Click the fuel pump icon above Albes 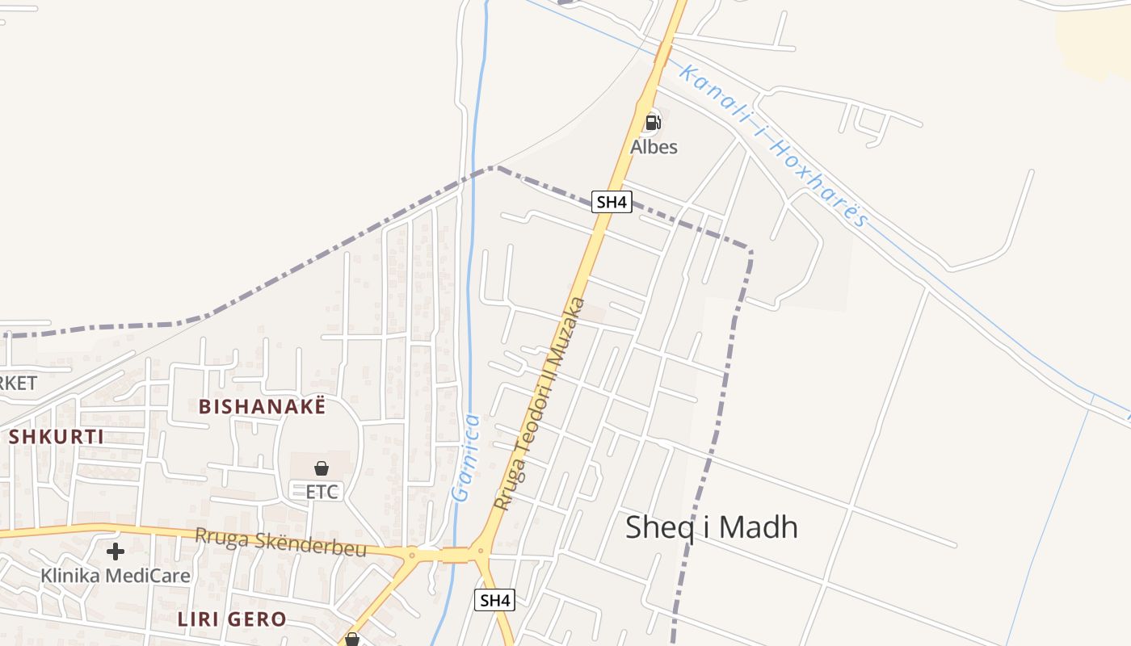pyautogui.click(x=653, y=123)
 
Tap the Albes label pyautogui.click(x=654, y=147)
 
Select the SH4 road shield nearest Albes pyautogui.click(x=611, y=201)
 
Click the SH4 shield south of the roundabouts pyautogui.click(x=494, y=600)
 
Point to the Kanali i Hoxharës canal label pyautogui.click(x=772, y=146)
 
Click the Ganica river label pyautogui.click(x=466, y=459)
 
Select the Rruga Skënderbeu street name pyautogui.click(x=280, y=542)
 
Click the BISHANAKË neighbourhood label pyautogui.click(x=263, y=406)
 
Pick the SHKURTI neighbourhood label pyautogui.click(x=57, y=437)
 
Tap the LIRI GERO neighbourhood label pyautogui.click(x=231, y=619)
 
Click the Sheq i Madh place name pyautogui.click(x=712, y=527)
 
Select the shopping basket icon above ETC pyautogui.click(x=322, y=468)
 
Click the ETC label pyautogui.click(x=322, y=491)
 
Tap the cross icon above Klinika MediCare pyautogui.click(x=116, y=552)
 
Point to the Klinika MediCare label pyautogui.click(x=116, y=576)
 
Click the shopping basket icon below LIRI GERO pyautogui.click(x=352, y=640)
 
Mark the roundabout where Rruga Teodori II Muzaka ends pyautogui.click(x=480, y=553)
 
